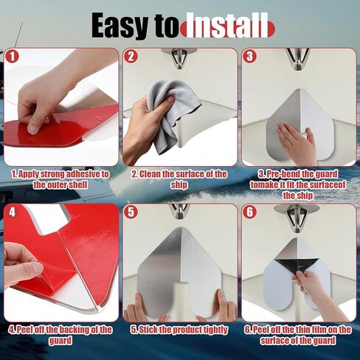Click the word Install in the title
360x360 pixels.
(x=224, y=27)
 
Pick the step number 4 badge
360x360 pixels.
(x=12, y=212)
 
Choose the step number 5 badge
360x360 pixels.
(x=131, y=212)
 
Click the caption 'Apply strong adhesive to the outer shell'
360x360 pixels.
(x=60, y=179)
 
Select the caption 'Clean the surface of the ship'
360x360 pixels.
(x=179, y=179)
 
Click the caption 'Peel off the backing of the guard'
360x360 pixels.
(x=60, y=335)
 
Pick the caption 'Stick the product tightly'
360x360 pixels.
(x=179, y=330)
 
